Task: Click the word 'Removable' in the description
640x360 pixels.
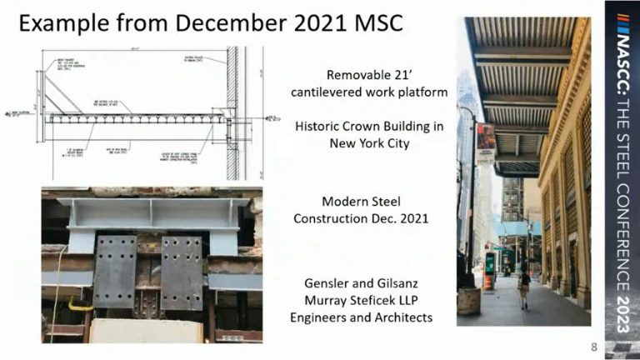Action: pos(356,72)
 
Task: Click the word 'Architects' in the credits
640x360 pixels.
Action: pos(400,317)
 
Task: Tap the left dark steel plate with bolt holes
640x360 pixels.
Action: pos(115,270)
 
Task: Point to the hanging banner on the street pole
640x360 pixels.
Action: pos(485,142)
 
